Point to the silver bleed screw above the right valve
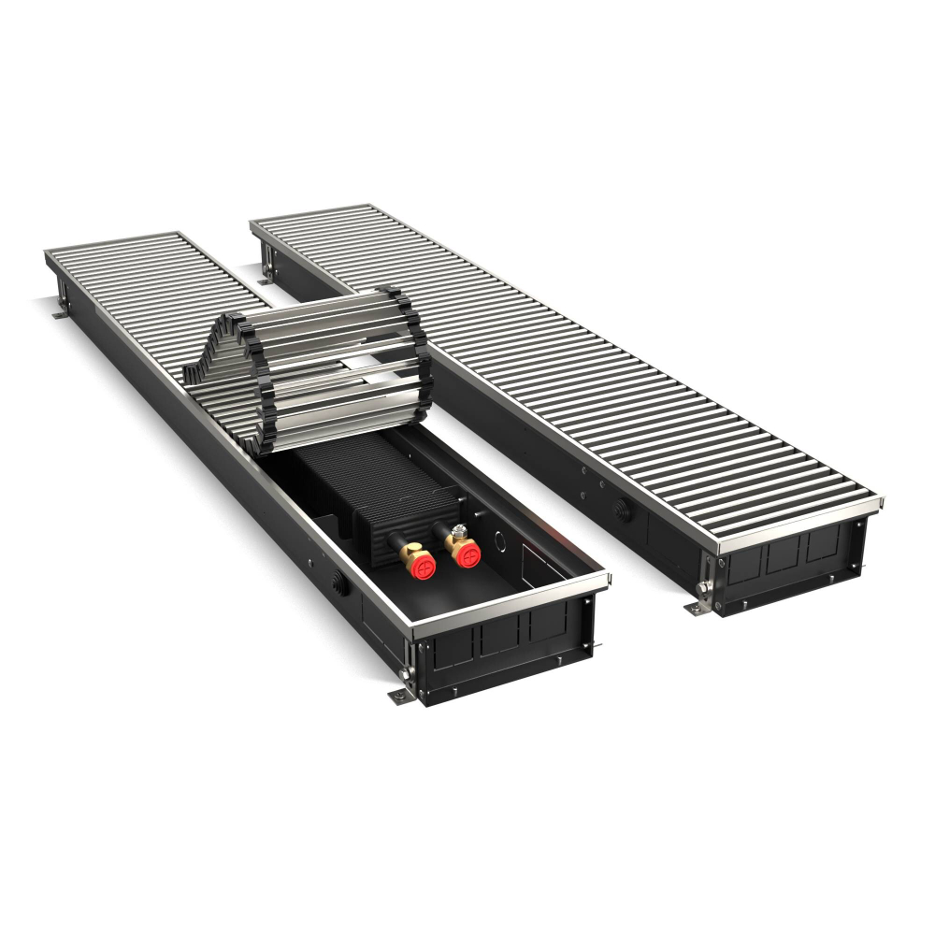[458, 530]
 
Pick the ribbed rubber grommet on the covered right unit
[618, 511]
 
